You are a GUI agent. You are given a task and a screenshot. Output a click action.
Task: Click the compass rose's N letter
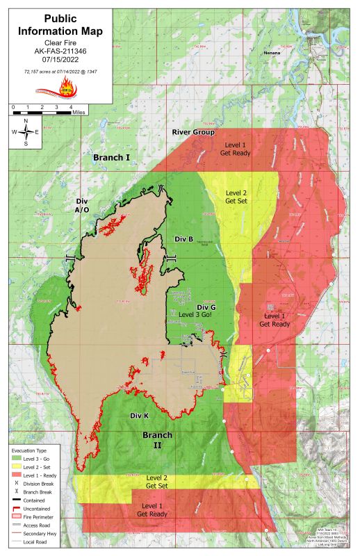pyautogui.click(x=26, y=121)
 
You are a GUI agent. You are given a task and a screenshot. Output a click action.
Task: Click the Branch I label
pyautogui.click(x=111, y=158)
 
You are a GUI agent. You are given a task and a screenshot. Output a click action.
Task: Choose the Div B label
pyautogui.click(x=183, y=238)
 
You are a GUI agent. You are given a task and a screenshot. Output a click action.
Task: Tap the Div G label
pyautogui.click(x=206, y=306)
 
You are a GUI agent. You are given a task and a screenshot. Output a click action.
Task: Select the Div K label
pyautogui.click(x=140, y=416)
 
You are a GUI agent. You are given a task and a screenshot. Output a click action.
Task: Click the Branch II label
pyautogui.click(x=157, y=440)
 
